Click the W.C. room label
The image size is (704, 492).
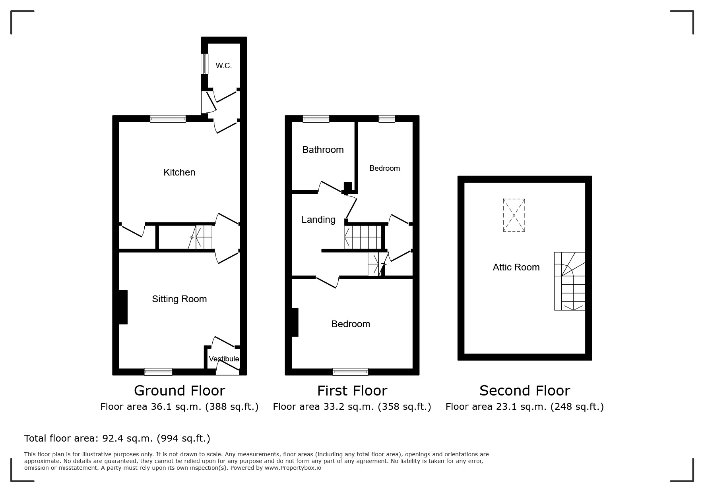pyautogui.click(x=224, y=66)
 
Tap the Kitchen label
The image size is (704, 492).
pyautogui.click(x=179, y=172)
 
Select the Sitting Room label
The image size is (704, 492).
pyautogui.click(x=179, y=299)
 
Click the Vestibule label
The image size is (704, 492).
pyautogui.click(x=224, y=359)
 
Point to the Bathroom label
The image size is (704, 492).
pyautogui.click(x=323, y=150)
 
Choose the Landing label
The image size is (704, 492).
pyautogui.click(x=318, y=220)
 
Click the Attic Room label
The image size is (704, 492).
pyautogui.click(x=516, y=267)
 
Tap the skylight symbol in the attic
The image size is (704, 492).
pyautogui.click(x=514, y=215)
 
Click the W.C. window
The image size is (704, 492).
pyautogui.click(x=204, y=64)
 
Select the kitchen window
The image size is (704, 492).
pyautogui.click(x=168, y=119)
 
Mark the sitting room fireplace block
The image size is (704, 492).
pyautogui.click(x=123, y=307)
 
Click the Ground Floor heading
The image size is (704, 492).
pyautogui.click(x=179, y=391)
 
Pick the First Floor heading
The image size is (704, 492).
pyautogui.click(x=352, y=391)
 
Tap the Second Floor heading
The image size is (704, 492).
pyautogui.click(x=525, y=391)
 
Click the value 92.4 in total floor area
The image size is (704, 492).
pyautogui.click(x=112, y=438)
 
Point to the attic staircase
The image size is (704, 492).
pyautogui.click(x=570, y=281)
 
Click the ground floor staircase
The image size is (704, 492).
pyautogui.click(x=200, y=237)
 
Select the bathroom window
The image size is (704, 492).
pyautogui.click(x=316, y=119)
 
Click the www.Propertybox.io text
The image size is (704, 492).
pyautogui.click(x=293, y=468)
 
